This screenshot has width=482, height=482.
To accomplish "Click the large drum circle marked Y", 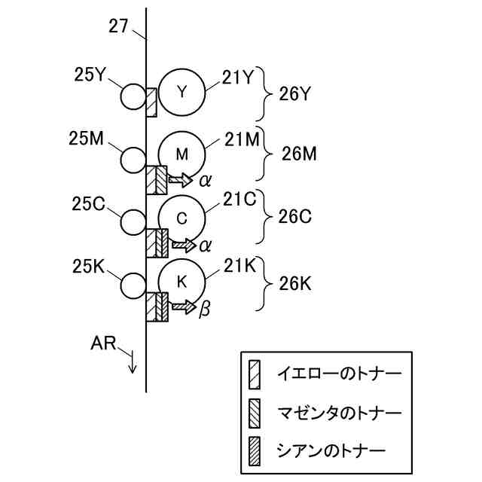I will [x=182, y=92].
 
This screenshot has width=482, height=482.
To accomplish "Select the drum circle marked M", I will [x=182, y=154].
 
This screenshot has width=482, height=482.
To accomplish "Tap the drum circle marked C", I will [x=182, y=218].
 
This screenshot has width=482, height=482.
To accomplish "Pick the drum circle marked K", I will [x=182, y=282].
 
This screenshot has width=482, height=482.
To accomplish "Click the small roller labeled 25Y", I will [x=133, y=96].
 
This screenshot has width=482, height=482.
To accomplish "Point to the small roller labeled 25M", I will [x=133, y=159].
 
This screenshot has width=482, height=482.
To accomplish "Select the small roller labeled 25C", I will [x=133, y=222].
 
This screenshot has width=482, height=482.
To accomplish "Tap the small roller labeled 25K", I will [x=133, y=285].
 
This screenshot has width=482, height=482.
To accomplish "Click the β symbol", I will [x=203, y=309].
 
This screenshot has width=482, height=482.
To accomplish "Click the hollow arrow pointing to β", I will [x=182, y=307].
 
